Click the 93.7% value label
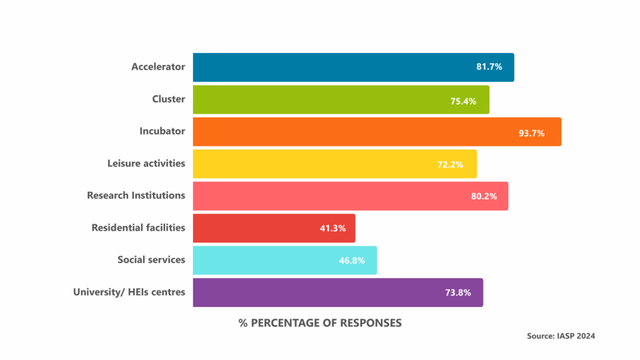[x=531, y=133]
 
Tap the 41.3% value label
[x=332, y=229]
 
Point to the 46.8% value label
[x=352, y=261]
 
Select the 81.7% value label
[x=489, y=66]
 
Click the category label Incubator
[x=162, y=131]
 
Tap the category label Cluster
[x=168, y=99]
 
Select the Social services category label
[x=151, y=259]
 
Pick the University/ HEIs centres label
[x=129, y=292]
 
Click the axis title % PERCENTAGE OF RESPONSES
[x=320, y=323]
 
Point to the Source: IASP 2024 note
[x=561, y=336]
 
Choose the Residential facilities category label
[x=138, y=227]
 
